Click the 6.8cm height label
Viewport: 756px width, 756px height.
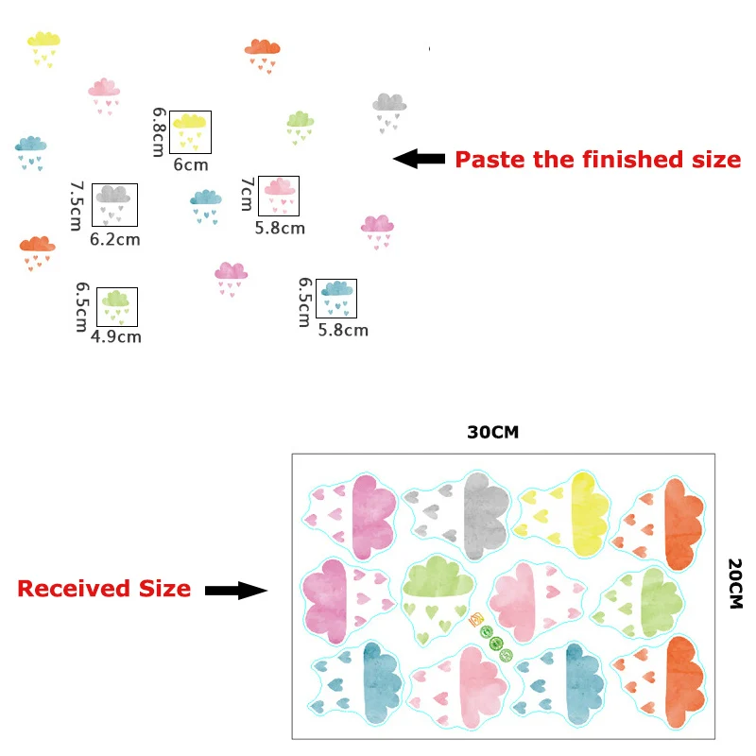point(159,132)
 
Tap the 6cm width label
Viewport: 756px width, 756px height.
point(191,165)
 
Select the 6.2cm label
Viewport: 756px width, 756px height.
point(115,239)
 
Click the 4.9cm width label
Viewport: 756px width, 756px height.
point(116,336)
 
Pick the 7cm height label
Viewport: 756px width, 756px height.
point(247,196)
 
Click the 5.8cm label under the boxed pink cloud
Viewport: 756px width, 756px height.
point(280,228)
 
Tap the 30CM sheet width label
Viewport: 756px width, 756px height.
point(493,433)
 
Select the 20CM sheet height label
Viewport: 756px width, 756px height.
point(735,582)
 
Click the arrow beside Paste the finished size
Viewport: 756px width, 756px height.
point(420,159)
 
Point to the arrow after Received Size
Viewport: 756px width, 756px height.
point(236,590)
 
